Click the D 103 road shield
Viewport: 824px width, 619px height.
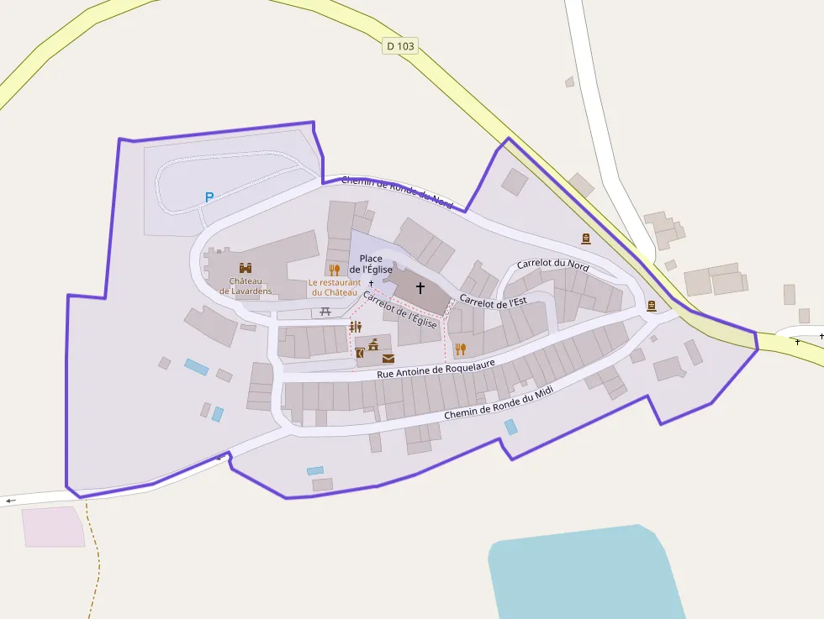point(399,46)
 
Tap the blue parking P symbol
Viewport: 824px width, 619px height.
point(209,197)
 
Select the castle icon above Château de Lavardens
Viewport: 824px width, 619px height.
point(246,268)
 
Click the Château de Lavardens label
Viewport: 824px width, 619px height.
point(246,286)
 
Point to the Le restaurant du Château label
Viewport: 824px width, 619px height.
point(334,287)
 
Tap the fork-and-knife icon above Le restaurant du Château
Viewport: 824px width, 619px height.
point(334,270)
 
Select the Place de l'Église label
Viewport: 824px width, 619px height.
point(371,263)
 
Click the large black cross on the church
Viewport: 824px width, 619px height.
point(420,287)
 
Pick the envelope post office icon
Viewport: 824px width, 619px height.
point(388,358)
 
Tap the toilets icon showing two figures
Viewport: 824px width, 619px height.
point(356,327)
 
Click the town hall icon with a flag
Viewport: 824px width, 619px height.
point(373,344)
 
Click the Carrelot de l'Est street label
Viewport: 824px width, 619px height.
point(493,302)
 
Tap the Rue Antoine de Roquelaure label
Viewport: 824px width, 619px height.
point(435,367)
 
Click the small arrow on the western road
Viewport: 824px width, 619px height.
point(11,501)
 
